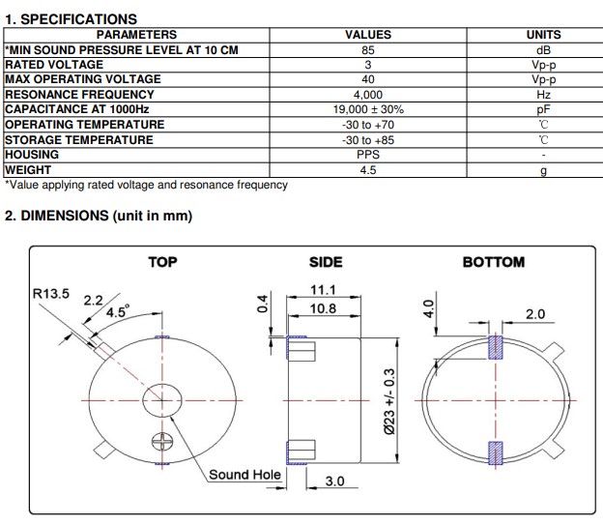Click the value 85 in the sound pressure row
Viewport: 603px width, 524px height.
[x=368, y=49]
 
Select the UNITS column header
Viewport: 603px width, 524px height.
[x=543, y=35]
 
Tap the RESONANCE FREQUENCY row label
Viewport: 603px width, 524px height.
[x=79, y=95]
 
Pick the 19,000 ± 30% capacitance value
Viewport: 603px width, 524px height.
[x=368, y=110]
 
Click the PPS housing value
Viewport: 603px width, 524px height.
[x=368, y=155]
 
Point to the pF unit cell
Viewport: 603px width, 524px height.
[x=543, y=110]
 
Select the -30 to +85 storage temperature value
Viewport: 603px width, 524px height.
[x=368, y=140]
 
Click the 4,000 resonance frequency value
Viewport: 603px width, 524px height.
[x=368, y=95]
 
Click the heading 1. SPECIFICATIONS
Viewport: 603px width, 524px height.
[x=71, y=18]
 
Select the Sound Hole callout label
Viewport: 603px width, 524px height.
[x=244, y=475]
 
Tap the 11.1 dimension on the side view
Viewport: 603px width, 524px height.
[x=322, y=290]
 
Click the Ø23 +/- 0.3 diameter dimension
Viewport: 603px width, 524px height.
[x=389, y=400]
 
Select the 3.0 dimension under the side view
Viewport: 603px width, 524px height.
[x=334, y=480]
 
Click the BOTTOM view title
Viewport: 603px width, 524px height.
[x=493, y=262]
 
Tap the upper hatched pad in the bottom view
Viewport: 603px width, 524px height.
[x=496, y=346]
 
